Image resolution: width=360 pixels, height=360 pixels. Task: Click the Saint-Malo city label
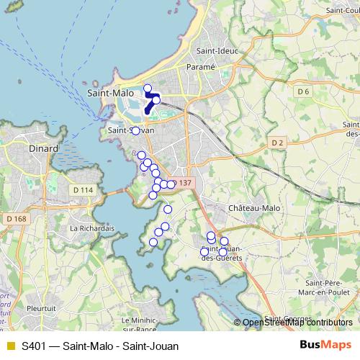pos(109,93)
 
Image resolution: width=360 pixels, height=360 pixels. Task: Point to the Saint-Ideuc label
pos(213,51)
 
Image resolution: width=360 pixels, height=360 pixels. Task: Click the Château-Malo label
pos(253,207)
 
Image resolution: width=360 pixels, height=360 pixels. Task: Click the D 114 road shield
pos(84,189)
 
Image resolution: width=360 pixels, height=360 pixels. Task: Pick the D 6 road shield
pos(302,91)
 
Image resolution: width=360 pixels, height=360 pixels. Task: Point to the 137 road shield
pos(184,183)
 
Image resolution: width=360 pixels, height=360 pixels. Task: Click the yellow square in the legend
pos(10,346)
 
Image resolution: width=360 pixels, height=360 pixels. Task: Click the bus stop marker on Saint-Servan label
pos(135,130)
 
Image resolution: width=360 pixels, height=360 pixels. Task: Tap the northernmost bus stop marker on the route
pos(148,89)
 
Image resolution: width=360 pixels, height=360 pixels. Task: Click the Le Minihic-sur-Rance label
pos(140,325)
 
